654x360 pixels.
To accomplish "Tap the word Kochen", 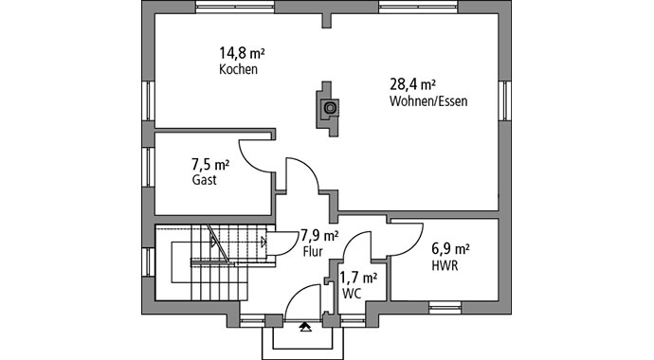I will click(238, 70).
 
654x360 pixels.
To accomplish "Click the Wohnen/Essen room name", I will click(428, 100).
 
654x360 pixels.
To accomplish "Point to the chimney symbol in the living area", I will click(328, 107).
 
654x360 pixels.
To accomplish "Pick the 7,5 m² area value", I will click(210, 162).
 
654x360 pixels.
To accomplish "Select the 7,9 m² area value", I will click(319, 236).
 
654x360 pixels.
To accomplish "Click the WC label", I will click(352, 294).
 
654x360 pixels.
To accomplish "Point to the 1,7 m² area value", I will click(358, 278).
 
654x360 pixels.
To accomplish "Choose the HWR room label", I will click(444, 266).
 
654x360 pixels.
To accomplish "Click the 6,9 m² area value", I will click(451, 249).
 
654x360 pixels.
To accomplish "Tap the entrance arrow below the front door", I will click(304, 327).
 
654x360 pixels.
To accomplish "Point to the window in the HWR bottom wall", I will click(444, 306).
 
